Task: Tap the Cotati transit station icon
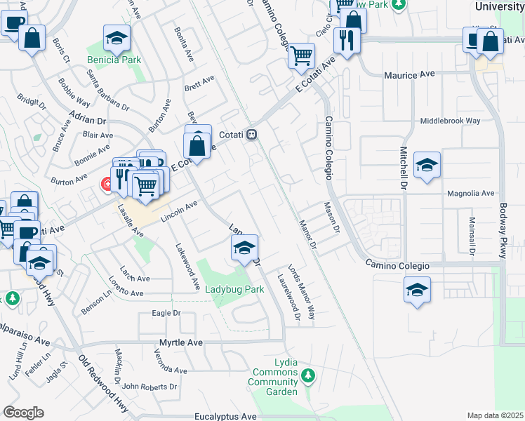point(251,135)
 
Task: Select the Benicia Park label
point(113,60)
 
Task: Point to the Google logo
point(23,413)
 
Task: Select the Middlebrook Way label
point(450,121)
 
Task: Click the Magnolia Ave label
point(470,193)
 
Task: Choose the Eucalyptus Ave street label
point(226,416)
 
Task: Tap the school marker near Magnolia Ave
point(427,166)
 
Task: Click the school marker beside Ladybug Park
point(244,248)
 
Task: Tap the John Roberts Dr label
point(149,386)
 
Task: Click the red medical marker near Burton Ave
point(107,185)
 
